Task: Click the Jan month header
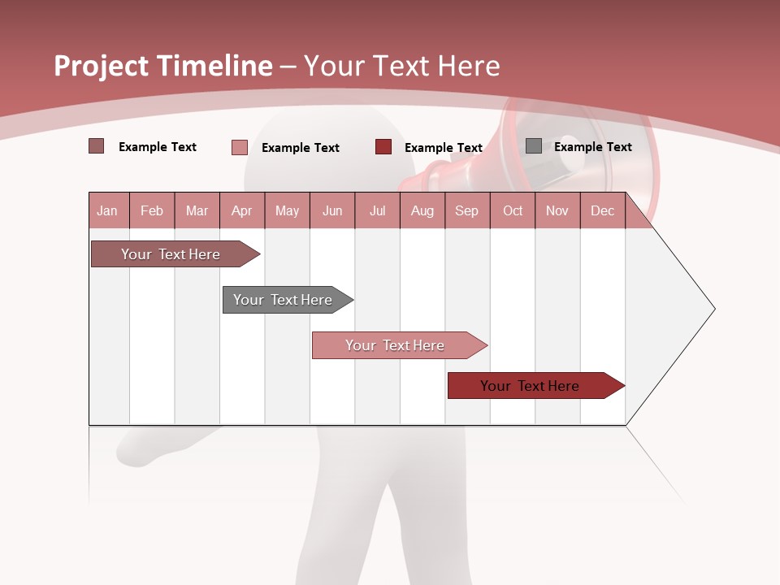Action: coord(107,210)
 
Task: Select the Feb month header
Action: coord(152,210)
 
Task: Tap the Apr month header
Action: coord(242,210)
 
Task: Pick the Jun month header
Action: coord(332,210)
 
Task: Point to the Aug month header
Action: coord(422,210)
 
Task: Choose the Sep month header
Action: coord(467,210)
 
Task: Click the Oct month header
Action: coord(513,210)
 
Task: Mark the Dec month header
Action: coord(603,210)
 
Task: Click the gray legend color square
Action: coord(534,146)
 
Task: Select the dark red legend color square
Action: coord(383,147)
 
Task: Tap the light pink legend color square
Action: coord(240,147)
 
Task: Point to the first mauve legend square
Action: coord(97,146)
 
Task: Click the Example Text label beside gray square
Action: coord(592,147)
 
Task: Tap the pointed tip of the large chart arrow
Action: coord(713,309)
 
